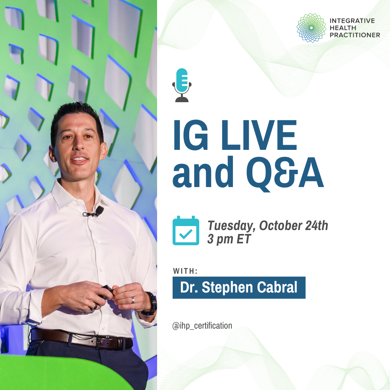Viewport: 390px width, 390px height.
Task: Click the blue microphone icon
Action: click(182, 85)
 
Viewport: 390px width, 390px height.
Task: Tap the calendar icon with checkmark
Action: click(186, 230)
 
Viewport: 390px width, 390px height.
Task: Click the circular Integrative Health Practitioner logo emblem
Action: click(311, 27)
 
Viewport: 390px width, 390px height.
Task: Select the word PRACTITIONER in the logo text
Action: click(355, 35)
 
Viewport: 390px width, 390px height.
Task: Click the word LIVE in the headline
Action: click(259, 135)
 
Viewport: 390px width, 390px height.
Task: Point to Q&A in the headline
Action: click(285, 173)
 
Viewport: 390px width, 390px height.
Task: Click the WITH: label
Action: click(185, 271)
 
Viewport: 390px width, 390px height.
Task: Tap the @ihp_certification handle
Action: click(202, 326)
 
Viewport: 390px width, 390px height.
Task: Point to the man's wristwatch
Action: click(151, 304)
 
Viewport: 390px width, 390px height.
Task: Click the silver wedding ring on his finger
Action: click(133, 300)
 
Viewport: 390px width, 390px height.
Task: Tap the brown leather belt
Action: click(82, 338)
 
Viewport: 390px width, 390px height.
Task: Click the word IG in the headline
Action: click(190, 135)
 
